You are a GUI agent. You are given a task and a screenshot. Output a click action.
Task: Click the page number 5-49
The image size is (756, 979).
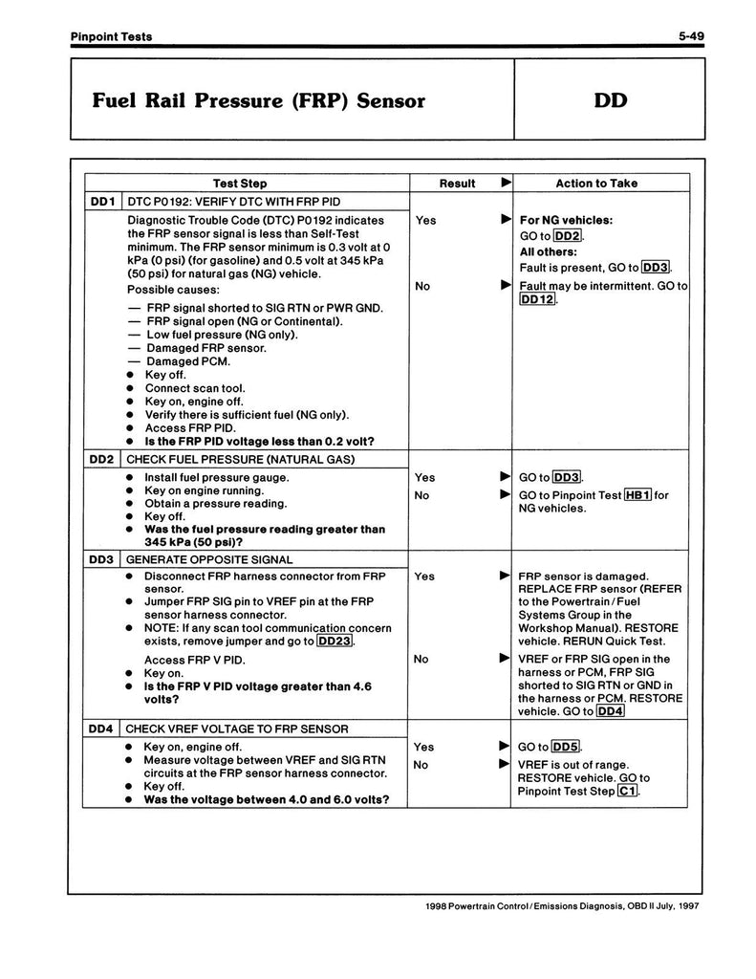click(691, 36)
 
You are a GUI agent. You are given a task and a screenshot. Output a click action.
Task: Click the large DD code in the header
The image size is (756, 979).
click(609, 100)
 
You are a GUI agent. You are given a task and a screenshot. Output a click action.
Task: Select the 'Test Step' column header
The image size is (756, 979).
click(240, 184)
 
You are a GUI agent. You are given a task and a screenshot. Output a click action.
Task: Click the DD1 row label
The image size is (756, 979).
click(102, 202)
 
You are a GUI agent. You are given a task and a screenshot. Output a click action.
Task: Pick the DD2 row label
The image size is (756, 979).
click(102, 459)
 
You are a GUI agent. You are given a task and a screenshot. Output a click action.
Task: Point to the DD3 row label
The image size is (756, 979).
click(102, 559)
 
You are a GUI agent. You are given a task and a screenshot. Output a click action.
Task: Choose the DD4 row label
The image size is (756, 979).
click(102, 729)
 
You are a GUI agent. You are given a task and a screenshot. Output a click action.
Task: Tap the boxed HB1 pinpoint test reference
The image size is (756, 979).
click(637, 495)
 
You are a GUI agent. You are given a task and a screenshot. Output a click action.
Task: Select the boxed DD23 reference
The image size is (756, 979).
click(335, 642)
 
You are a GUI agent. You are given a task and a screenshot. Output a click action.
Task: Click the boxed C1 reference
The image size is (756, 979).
click(628, 792)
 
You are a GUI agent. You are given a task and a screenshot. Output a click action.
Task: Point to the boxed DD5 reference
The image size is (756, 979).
click(567, 748)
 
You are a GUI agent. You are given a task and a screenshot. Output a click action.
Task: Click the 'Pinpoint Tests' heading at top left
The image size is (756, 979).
click(111, 36)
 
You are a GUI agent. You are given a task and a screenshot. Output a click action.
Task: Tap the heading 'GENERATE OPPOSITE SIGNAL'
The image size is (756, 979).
click(209, 559)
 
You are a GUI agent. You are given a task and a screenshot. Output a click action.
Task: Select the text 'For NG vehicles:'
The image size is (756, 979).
click(566, 220)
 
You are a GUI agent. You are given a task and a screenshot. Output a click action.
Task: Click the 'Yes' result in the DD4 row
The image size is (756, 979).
click(424, 748)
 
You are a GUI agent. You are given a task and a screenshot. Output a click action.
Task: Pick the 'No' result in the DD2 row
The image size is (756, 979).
click(421, 495)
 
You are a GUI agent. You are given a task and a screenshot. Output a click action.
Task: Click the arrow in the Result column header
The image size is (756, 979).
click(507, 183)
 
